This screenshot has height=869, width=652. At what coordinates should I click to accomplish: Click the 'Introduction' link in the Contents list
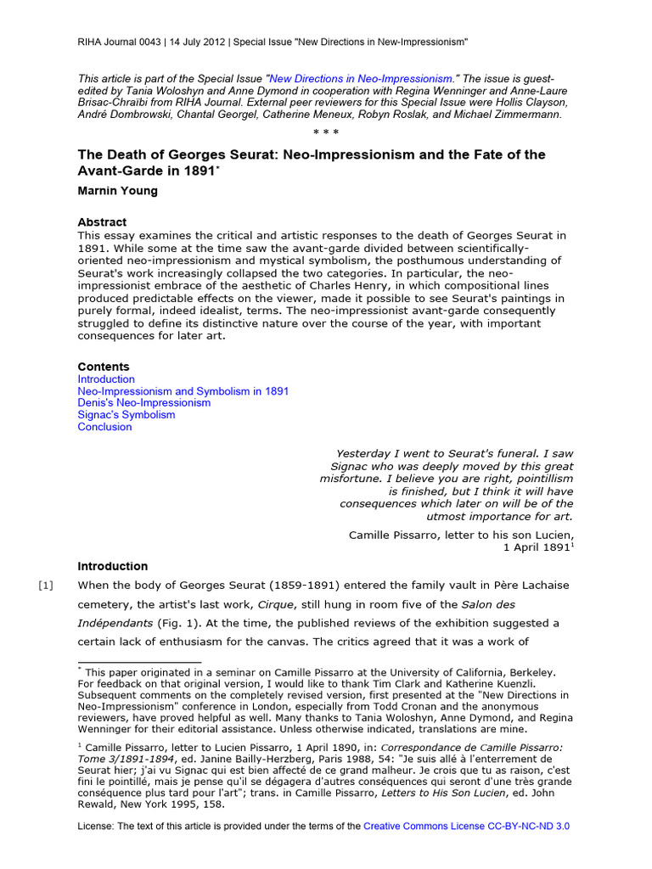pos(106,379)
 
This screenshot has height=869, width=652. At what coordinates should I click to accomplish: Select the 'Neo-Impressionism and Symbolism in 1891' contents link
pos(183,391)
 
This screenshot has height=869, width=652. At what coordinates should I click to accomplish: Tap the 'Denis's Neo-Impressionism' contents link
pos(144,403)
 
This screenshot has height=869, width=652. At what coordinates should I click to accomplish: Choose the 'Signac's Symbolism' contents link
pos(126,415)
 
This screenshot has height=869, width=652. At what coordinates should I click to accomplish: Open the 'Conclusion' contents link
pos(105,427)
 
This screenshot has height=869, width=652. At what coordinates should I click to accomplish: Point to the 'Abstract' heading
pos(102,222)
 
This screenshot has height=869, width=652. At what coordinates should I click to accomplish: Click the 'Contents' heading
pos(104,367)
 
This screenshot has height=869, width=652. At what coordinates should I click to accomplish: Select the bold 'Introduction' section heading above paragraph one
pos(113,566)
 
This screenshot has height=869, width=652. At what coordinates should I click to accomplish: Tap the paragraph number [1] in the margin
pos(46,586)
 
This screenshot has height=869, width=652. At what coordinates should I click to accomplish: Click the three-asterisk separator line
pos(326,133)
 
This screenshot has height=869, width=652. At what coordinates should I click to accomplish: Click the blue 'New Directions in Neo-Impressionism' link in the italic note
pos(360,77)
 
